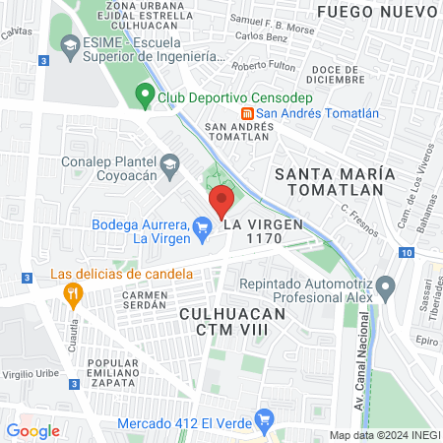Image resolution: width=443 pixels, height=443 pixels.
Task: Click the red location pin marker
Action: [x=221, y=204]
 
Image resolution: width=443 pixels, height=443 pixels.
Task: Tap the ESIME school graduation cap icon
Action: [x=69, y=46]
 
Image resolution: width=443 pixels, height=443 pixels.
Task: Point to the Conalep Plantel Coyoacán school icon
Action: [x=170, y=163]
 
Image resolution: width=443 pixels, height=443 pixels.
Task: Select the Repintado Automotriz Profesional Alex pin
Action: [x=386, y=289]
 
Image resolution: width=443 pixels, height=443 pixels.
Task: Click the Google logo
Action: [x=32, y=430]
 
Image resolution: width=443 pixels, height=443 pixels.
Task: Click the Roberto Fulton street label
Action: [x=267, y=66]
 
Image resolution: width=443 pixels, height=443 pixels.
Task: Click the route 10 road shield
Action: [x=406, y=253]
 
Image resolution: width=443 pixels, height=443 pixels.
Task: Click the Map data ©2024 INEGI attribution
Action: [x=384, y=435]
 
